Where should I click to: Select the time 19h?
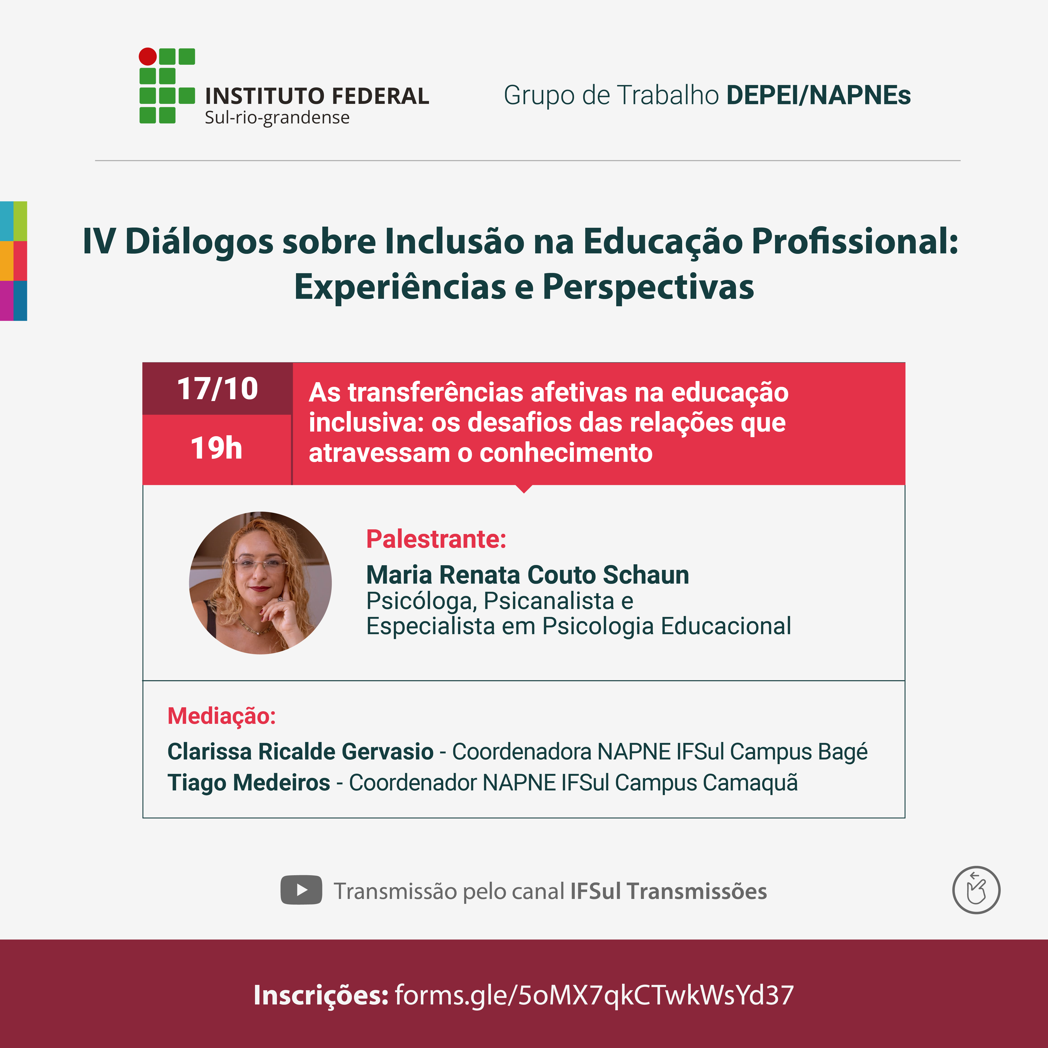pyautogui.click(x=216, y=448)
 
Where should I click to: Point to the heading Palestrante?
pyautogui.click(x=436, y=539)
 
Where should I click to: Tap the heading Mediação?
pyautogui.click(x=222, y=716)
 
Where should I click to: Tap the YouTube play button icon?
pyautogui.click(x=301, y=890)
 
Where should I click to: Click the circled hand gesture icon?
pyautogui.click(x=977, y=890)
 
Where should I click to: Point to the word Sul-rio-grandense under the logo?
pyautogui.click(x=277, y=118)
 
